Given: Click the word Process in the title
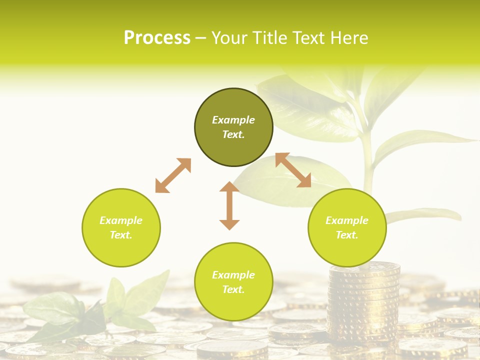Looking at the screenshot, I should tap(157, 38).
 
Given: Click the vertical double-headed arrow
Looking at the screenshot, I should tap(229, 205).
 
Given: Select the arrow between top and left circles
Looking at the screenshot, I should tap(173, 175).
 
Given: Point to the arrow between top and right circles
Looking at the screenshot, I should tap(293, 170).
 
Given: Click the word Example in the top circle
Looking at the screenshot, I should tap(233, 120).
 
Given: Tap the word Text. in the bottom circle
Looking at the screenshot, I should tap(233, 289).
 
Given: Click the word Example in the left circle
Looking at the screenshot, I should tap(121, 220).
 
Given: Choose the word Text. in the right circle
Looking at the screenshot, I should tap(347, 235).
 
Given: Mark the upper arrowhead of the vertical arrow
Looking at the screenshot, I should tap(229, 188).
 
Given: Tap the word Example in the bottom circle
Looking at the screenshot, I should tap(233, 275).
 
